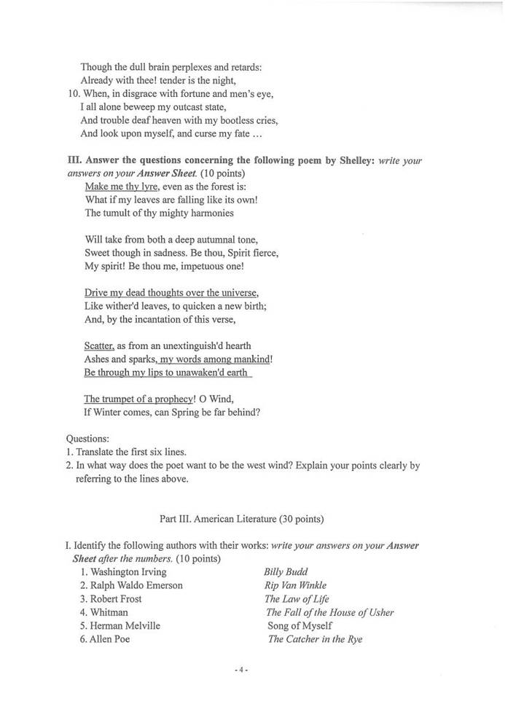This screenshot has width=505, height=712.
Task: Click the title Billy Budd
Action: pyautogui.click(x=286, y=572)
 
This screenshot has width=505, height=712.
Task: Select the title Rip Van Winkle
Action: pyautogui.click(x=295, y=585)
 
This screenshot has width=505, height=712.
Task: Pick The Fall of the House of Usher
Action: pyautogui.click(x=329, y=612)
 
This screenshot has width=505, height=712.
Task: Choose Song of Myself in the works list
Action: pyautogui.click(x=300, y=626)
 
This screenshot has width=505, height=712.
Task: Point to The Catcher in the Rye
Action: pyautogui.click(x=315, y=640)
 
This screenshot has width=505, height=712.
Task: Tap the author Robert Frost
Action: pyautogui.click(x=116, y=599)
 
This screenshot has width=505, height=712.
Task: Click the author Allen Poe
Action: pyautogui.click(x=110, y=640)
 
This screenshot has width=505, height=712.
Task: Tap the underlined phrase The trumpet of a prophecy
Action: pyautogui.click(x=139, y=399)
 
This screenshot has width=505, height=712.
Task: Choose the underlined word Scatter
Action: pyautogui.click(x=100, y=345)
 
